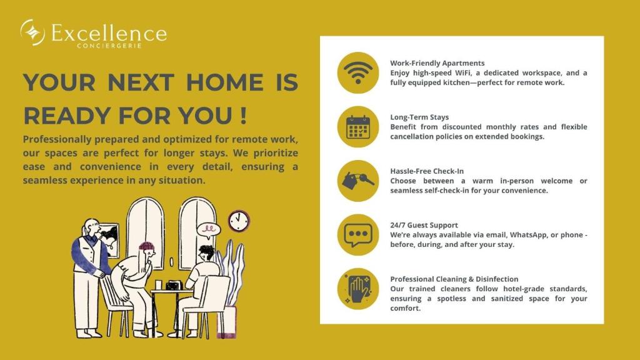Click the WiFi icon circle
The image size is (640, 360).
[x=358, y=72]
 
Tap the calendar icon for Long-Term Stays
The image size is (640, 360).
[x=358, y=127]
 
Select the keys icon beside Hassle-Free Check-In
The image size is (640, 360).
[x=358, y=181]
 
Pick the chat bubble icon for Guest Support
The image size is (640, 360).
[x=358, y=235]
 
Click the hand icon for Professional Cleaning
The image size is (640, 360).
[x=358, y=289]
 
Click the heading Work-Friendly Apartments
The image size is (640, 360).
[x=437, y=63]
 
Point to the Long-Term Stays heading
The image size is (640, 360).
[x=419, y=117]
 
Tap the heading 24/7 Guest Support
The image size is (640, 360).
[x=424, y=225]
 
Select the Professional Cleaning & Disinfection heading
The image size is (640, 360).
[x=454, y=279]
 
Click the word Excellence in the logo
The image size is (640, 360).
[x=109, y=32]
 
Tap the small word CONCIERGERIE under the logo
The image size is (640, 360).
[x=109, y=46]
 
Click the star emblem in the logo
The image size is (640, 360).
[x=32, y=32]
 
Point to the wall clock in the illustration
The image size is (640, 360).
[x=238, y=221]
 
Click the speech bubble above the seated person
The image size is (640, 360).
[x=209, y=231]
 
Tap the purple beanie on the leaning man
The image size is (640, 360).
[x=147, y=246]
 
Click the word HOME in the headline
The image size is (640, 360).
[x=225, y=82]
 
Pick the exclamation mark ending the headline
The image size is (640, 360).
[x=244, y=116]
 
